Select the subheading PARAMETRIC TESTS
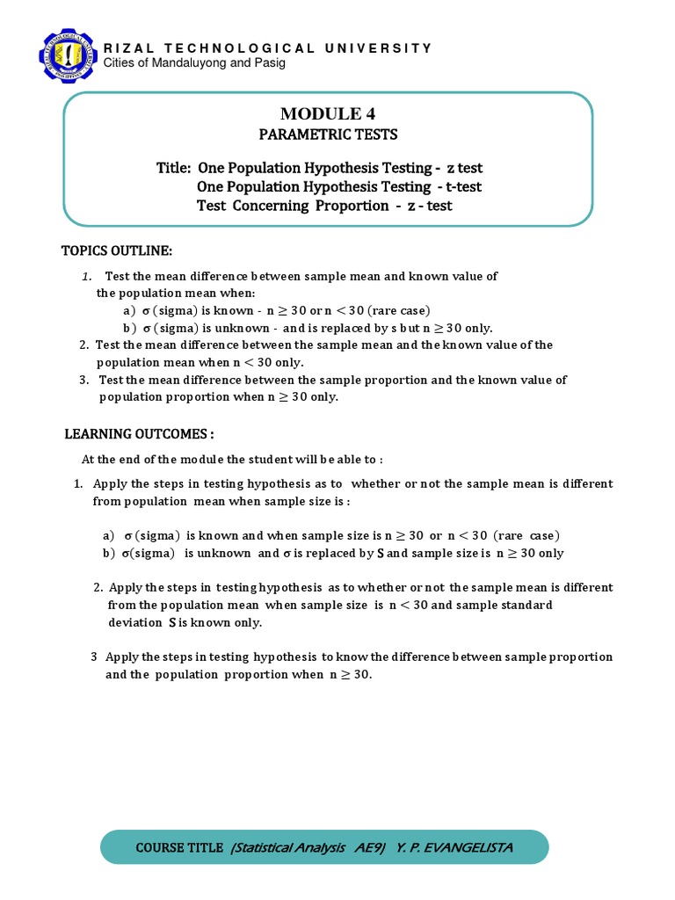pos(327,134)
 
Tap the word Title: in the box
pos(174,168)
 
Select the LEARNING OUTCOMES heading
pos(139,434)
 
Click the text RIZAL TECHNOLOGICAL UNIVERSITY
pos(268,48)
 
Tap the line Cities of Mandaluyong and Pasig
pos(194,63)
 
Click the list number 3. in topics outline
pos(83,380)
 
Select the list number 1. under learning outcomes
pos(77,483)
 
